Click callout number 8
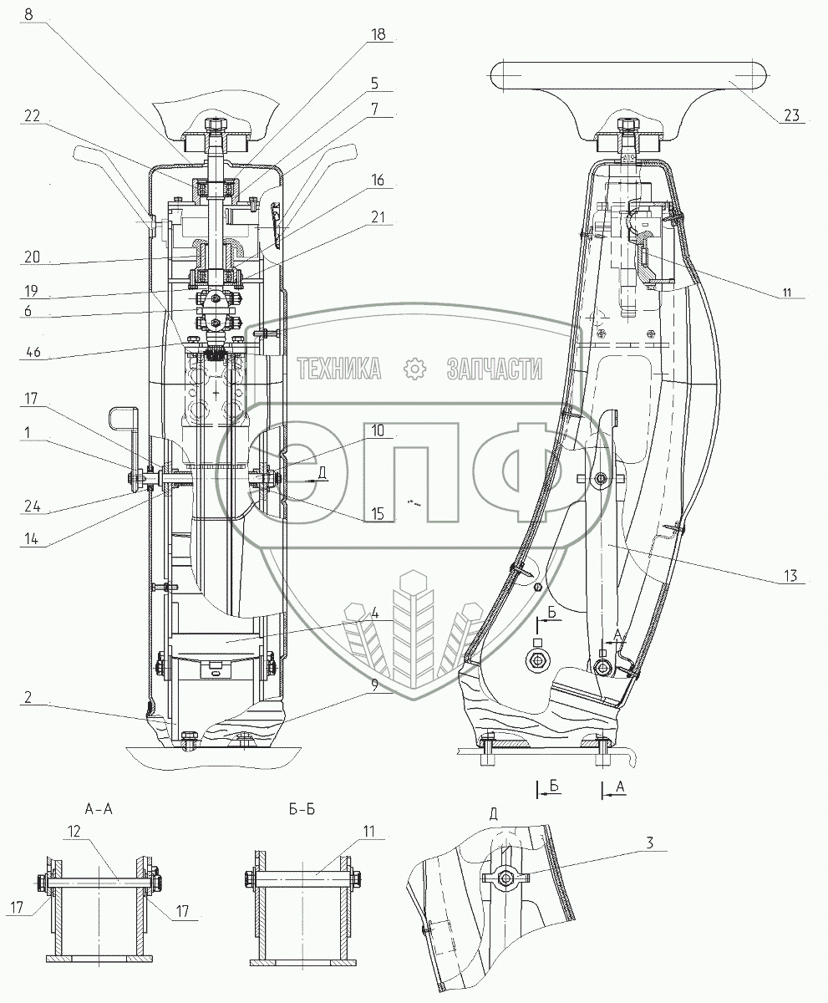click(29, 14)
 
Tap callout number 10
click(378, 431)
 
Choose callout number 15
click(378, 514)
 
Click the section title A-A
click(99, 809)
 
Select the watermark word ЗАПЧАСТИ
click(495, 367)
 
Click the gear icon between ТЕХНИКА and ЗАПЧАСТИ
click(414, 368)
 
